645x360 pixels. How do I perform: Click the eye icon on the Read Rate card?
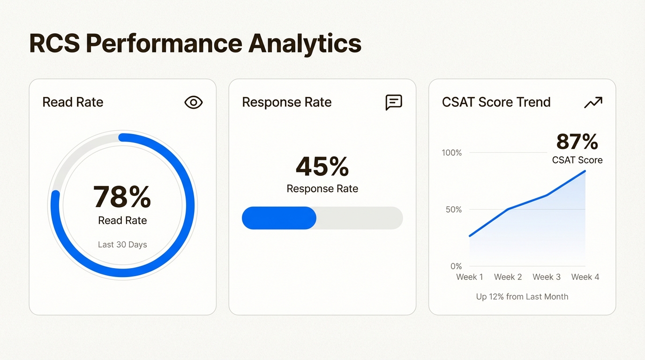193,102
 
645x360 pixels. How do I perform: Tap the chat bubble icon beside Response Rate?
394,102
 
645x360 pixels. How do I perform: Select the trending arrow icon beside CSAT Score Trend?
593,102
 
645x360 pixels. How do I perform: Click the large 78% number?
122,197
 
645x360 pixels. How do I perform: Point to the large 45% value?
322,166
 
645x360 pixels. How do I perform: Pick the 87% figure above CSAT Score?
577,142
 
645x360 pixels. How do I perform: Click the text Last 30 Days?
122,245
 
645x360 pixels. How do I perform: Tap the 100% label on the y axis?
451,153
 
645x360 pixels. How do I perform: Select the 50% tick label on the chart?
453,210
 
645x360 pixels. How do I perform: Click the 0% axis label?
456,266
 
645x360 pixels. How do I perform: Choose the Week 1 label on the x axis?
470,277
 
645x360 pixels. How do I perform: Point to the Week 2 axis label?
508,277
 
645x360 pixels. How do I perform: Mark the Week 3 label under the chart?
547,277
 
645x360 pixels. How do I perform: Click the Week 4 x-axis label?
585,277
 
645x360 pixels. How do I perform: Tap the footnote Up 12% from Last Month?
522,297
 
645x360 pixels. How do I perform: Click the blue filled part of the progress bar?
279,218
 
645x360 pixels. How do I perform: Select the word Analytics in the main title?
305,44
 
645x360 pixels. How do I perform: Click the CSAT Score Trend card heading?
496,102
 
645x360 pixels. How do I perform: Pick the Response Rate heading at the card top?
286,102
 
